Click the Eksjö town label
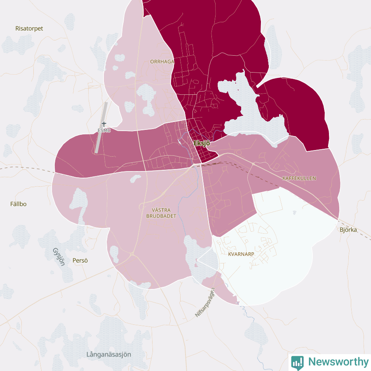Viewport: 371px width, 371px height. [x=202, y=143]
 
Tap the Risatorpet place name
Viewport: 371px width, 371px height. [x=29, y=28]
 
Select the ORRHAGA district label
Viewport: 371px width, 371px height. [x=162, y=61]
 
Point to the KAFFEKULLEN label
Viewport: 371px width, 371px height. [x=299, y=178]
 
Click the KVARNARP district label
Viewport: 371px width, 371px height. [x=241, y=254]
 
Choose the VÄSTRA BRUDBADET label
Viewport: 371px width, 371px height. [x=161, y=213]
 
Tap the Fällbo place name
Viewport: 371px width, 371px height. [x=18, y=204]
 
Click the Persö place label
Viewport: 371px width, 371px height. [x=80, y=261]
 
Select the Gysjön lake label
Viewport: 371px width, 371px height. [x=59, y=257]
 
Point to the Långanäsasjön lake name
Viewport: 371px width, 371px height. [x=109, y=355]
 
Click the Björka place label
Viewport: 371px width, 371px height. [x=348, y=230]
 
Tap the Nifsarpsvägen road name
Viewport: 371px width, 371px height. [x=205, y=303]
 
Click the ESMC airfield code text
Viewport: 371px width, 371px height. [x=104, y=130]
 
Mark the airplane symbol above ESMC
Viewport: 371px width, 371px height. [x=104, y=124]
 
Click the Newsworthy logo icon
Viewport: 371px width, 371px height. [x=297, y=362]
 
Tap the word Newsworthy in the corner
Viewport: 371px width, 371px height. [x=338, y=362]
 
